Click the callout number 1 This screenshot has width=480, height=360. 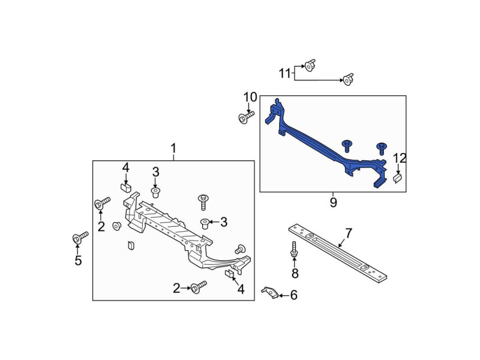pos(173,148)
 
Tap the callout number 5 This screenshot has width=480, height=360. pos(77,260)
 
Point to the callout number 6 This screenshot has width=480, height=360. pos(293,295)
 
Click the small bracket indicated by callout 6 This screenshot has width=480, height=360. pos(271,292)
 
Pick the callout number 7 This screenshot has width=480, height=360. pos(347,232)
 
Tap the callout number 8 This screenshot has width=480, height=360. pos(295,274)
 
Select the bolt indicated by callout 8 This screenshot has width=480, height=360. pos(294,250)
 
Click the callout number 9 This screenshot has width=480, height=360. pos(333,203)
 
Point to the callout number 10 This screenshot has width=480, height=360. pos(250,97)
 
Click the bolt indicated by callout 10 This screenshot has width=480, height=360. pos(245,117)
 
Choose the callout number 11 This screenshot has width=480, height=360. pos(285,73)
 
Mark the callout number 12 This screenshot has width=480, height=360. pos(400,158)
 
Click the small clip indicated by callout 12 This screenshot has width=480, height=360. pos(397,178)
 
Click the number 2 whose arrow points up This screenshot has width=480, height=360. pos(101,226)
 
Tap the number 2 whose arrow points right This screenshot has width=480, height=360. pos(177,289)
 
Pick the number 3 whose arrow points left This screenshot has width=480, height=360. pos(223,222)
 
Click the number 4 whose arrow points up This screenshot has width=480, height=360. pos(241,289)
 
